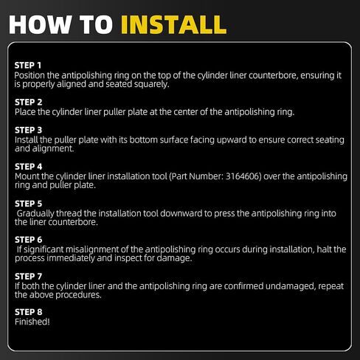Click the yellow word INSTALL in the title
(174, 24)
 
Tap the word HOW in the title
(40, 24)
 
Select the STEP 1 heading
(28, 66)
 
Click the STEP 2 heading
(28, 102)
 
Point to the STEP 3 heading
(28, 130)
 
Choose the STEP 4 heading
(28, 167)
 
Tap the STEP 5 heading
(28, 204)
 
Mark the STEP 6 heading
(28, 240)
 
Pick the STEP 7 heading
(28, 277)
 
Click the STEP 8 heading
(28, 312)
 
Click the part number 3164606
(243, 176)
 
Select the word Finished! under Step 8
(32, 322)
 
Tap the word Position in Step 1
(30, 75)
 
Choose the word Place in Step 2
(25, 112)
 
